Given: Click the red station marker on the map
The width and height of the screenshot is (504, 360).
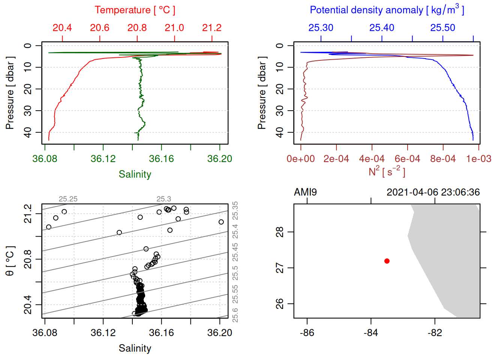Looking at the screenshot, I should click(387, 261).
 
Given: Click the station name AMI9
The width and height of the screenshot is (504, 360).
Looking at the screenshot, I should click(305, 192).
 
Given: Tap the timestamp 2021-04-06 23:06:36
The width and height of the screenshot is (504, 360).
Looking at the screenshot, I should click(433, 192).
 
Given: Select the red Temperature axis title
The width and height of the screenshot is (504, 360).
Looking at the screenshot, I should click(135, 10).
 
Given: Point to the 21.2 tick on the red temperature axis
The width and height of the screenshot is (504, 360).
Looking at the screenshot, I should click(212, 28).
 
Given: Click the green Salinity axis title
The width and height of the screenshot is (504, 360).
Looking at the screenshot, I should click(135, 174).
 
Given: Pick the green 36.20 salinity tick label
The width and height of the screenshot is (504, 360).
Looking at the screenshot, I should click(220, 159).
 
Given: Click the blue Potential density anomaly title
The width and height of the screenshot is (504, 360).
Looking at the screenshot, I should click(387, 10).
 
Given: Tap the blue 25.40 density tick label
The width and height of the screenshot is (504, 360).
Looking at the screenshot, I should click(382, 28).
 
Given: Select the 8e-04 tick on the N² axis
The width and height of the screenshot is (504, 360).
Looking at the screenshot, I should click(443, 159).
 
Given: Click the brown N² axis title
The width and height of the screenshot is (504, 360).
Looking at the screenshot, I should click(387, 172).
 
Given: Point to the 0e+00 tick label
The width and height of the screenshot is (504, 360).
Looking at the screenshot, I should click(301, 159).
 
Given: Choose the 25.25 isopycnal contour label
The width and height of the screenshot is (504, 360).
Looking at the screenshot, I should click(68, 199).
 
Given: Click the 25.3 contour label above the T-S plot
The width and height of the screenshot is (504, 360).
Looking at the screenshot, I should click(164, 199).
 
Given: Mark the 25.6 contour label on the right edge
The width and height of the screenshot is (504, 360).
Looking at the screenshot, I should click(235, 315).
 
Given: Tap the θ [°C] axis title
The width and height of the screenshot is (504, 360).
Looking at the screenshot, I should click(10, 261).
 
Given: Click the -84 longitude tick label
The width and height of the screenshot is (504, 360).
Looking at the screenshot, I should click(371, 333).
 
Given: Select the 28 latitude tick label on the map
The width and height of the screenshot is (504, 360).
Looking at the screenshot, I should click(280, 232).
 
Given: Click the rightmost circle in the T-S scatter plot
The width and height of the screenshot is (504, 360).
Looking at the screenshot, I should click(221, 222).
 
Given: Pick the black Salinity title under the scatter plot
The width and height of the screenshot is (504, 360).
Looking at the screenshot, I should click(135, 348).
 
